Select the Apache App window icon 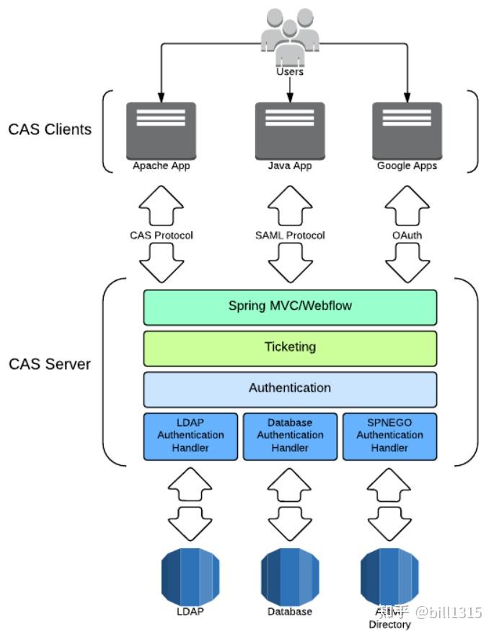pos(161,130)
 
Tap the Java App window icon pos(290,130)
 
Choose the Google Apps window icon pos(407,130)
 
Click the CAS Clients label pos(50,130)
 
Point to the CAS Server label pos(50,364)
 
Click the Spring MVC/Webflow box pos(290,306)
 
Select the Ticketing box pos(290,347)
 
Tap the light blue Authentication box pos(290,389)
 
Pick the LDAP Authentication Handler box pos(190,436)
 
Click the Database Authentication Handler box pos(290,436)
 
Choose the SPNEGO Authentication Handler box pos(389,436)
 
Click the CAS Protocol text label pos(161,235)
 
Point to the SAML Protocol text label pos(290,235)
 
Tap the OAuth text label pos(407,235)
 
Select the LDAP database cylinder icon pos(190,575)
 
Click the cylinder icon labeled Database pos(290,575)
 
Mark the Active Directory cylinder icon pos(389,575)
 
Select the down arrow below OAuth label pos(407,263)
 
